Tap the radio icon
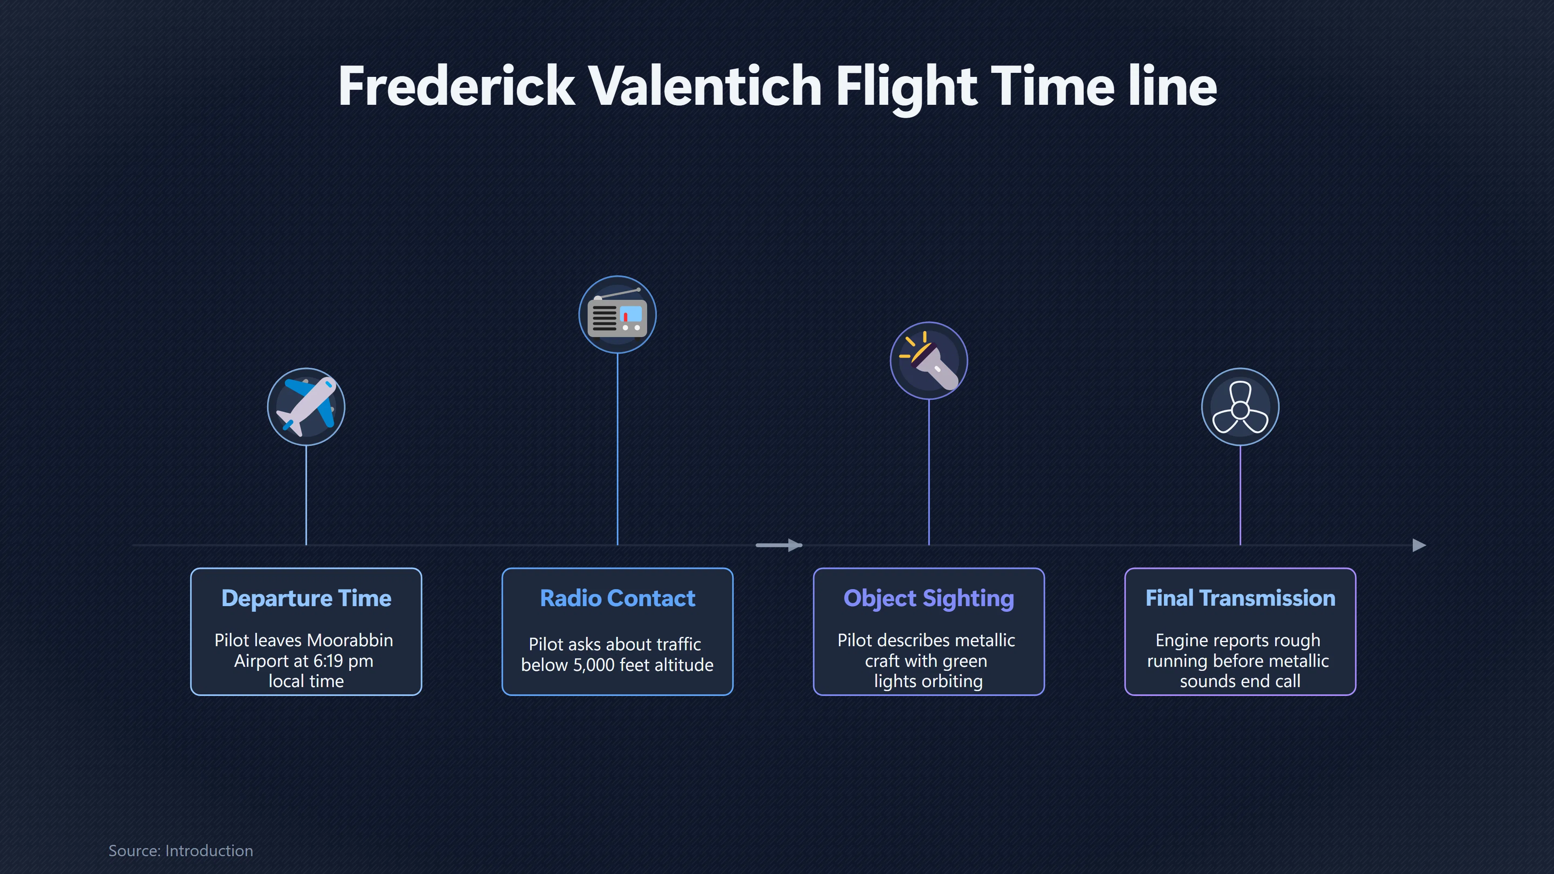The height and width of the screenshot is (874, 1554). (617, 314)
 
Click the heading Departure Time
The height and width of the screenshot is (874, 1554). (306, 598)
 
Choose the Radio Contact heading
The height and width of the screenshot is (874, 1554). (618, 598)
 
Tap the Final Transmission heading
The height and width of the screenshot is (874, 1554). (1240, 598)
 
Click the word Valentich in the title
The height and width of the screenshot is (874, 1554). (704, 86)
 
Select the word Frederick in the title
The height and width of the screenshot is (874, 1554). (456, 86)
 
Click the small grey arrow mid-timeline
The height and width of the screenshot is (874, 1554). (779, 545)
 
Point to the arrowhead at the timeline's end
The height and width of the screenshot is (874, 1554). (1420, 545)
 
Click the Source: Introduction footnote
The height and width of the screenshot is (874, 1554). (181, 851)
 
